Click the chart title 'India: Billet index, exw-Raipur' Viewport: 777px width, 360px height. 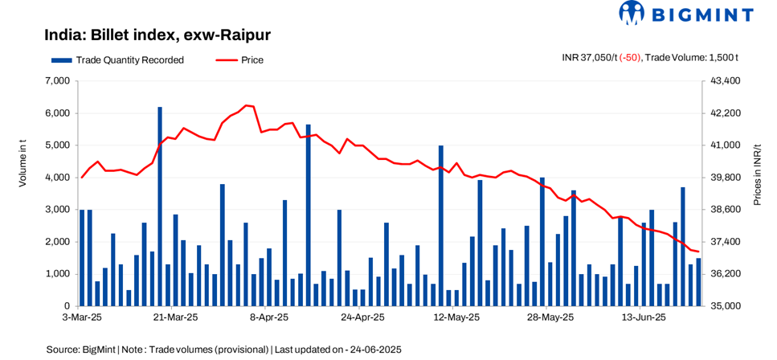[157, 35]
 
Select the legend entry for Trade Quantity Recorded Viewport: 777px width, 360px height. [117, 59]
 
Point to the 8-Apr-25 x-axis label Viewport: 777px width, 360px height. [268, 318]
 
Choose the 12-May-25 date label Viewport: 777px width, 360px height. [456, 318]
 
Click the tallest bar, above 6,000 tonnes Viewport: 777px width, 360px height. [160, 207]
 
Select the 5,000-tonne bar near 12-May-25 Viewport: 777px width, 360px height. [440, 226]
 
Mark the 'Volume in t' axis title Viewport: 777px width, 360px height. [23, 164]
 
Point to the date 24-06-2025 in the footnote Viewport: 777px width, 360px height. [373, 350]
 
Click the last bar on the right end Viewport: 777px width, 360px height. [698, 282]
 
